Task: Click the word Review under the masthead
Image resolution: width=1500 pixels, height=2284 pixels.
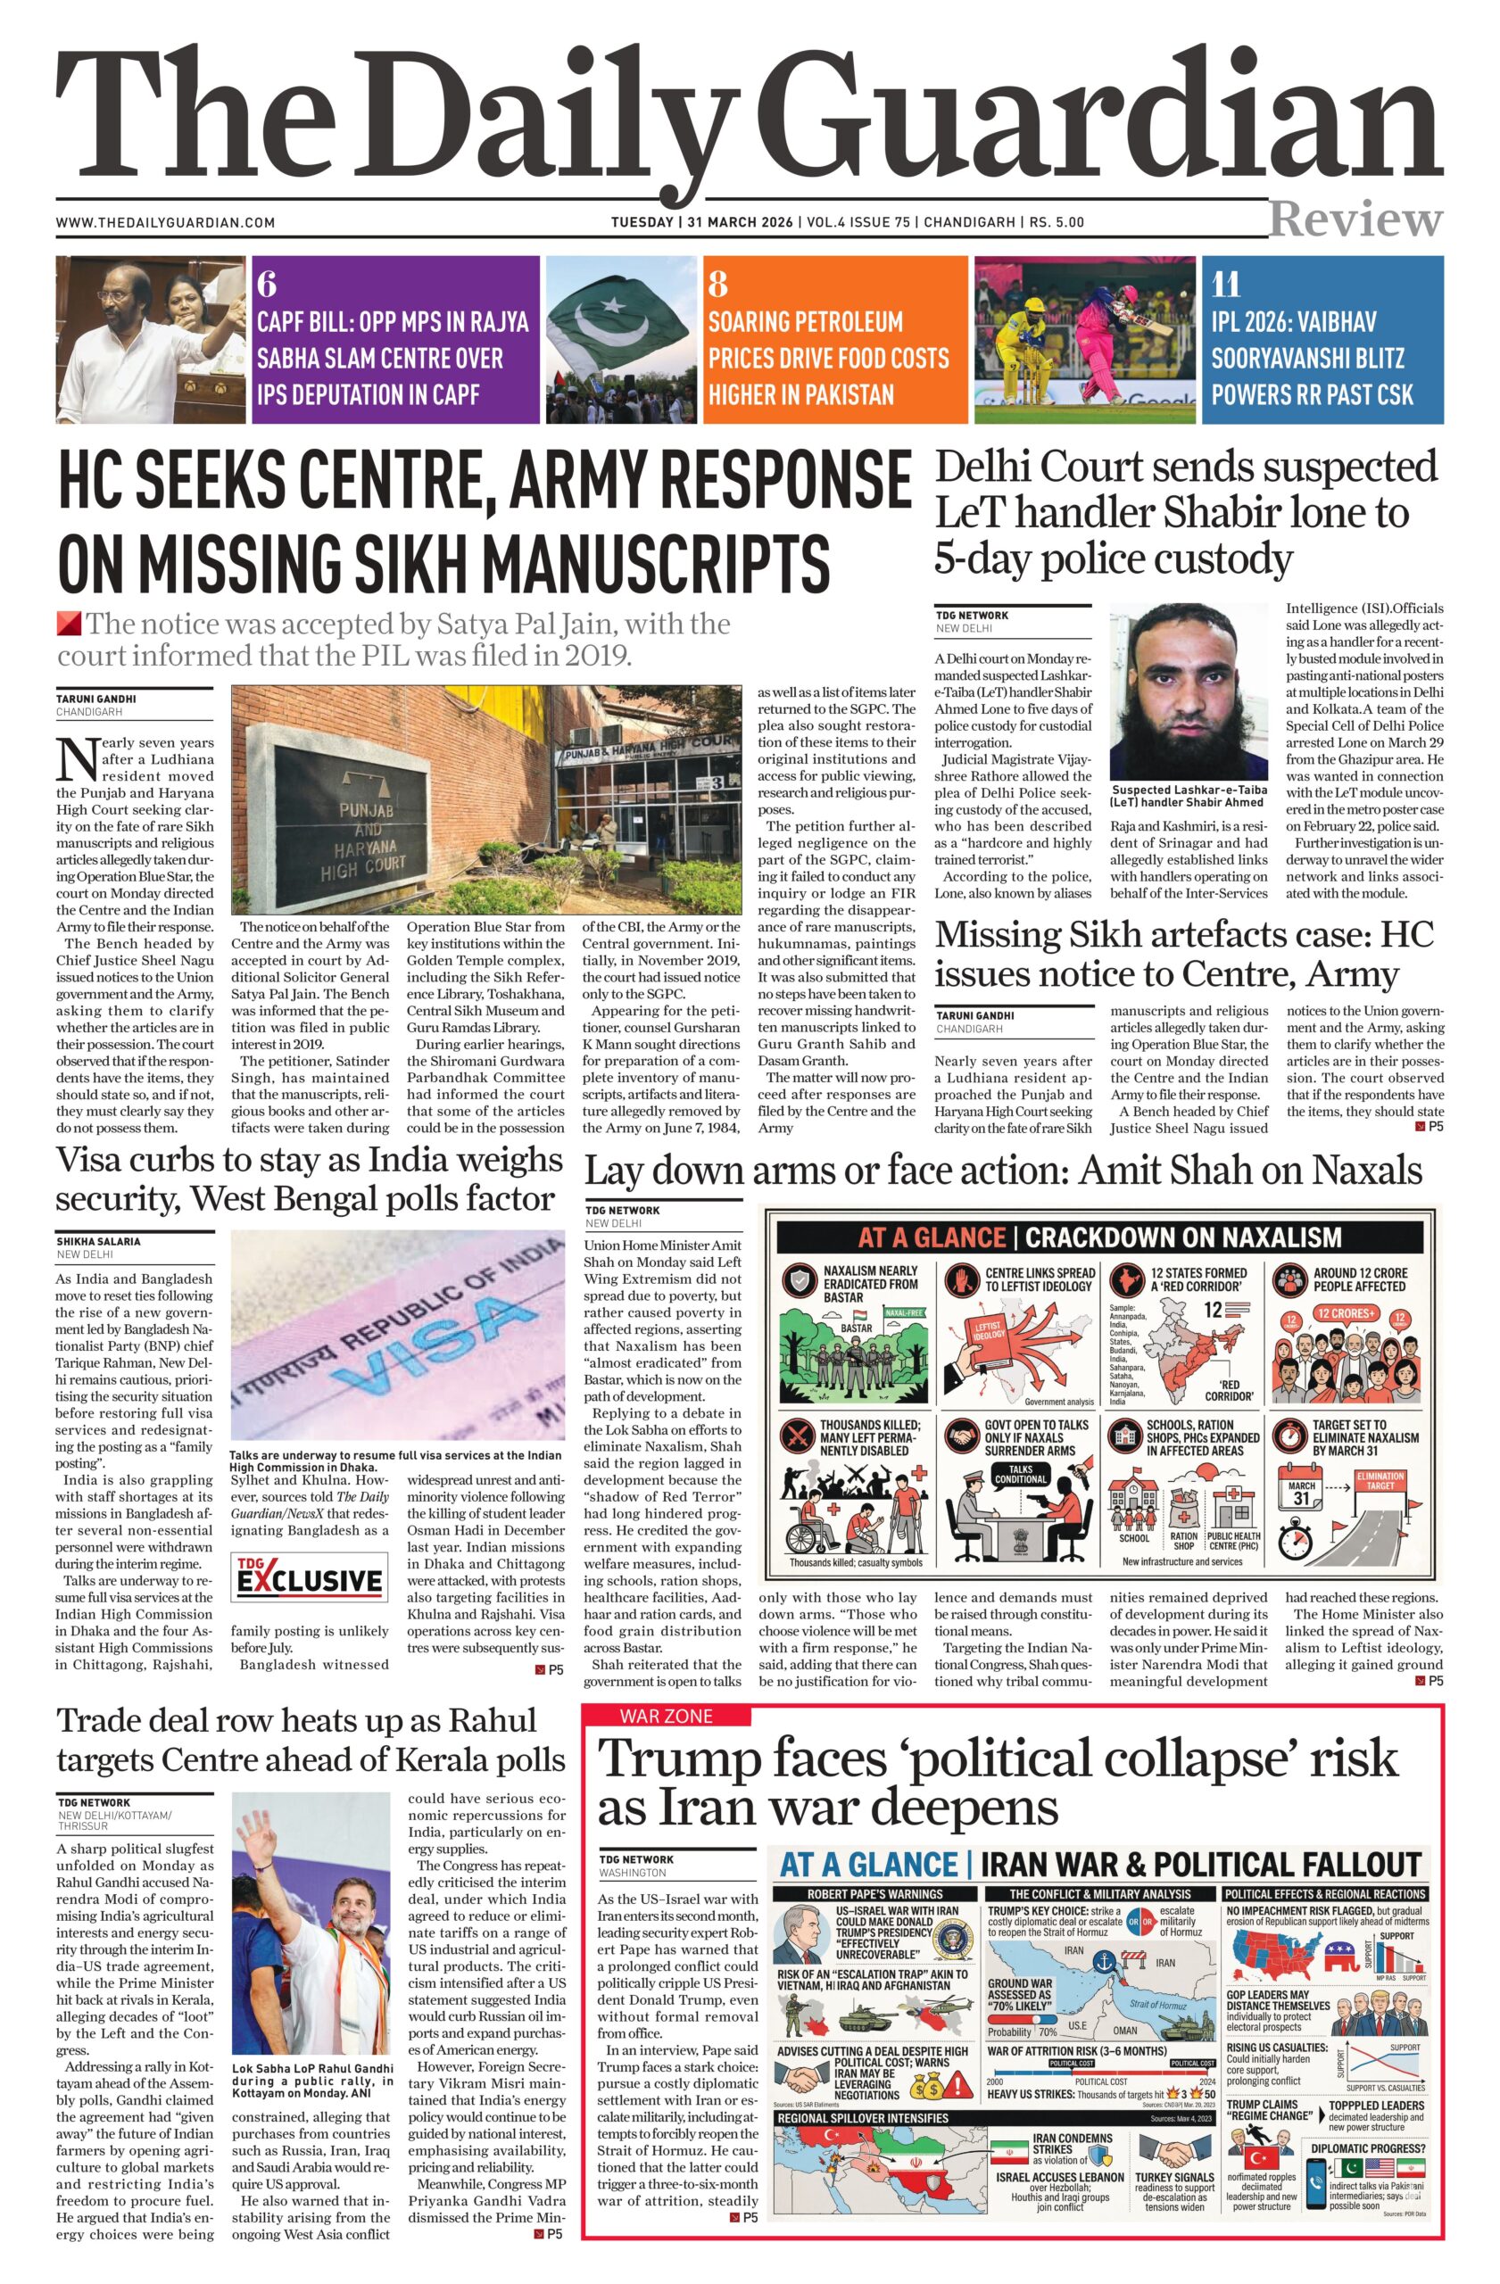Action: click(x=1355, y=219)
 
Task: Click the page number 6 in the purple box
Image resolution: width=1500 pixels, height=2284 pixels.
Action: click(x=267, y=284)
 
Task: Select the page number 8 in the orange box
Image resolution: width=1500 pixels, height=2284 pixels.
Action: click(x=717, y=284)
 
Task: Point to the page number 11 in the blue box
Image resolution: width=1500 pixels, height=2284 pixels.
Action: click(x=1225, y=284)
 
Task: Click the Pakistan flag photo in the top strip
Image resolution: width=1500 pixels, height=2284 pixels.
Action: click(x=621, y=339)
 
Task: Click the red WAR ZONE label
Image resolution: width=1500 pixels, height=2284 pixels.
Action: click(x=665, y=1715)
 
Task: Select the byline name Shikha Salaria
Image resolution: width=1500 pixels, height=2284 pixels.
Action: click(x=98, y=1241)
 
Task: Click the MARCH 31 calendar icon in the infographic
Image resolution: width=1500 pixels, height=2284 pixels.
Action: click(x=1302, y=1494)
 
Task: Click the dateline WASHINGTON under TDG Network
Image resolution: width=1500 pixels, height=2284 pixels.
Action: click(x=632, y=1873)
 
